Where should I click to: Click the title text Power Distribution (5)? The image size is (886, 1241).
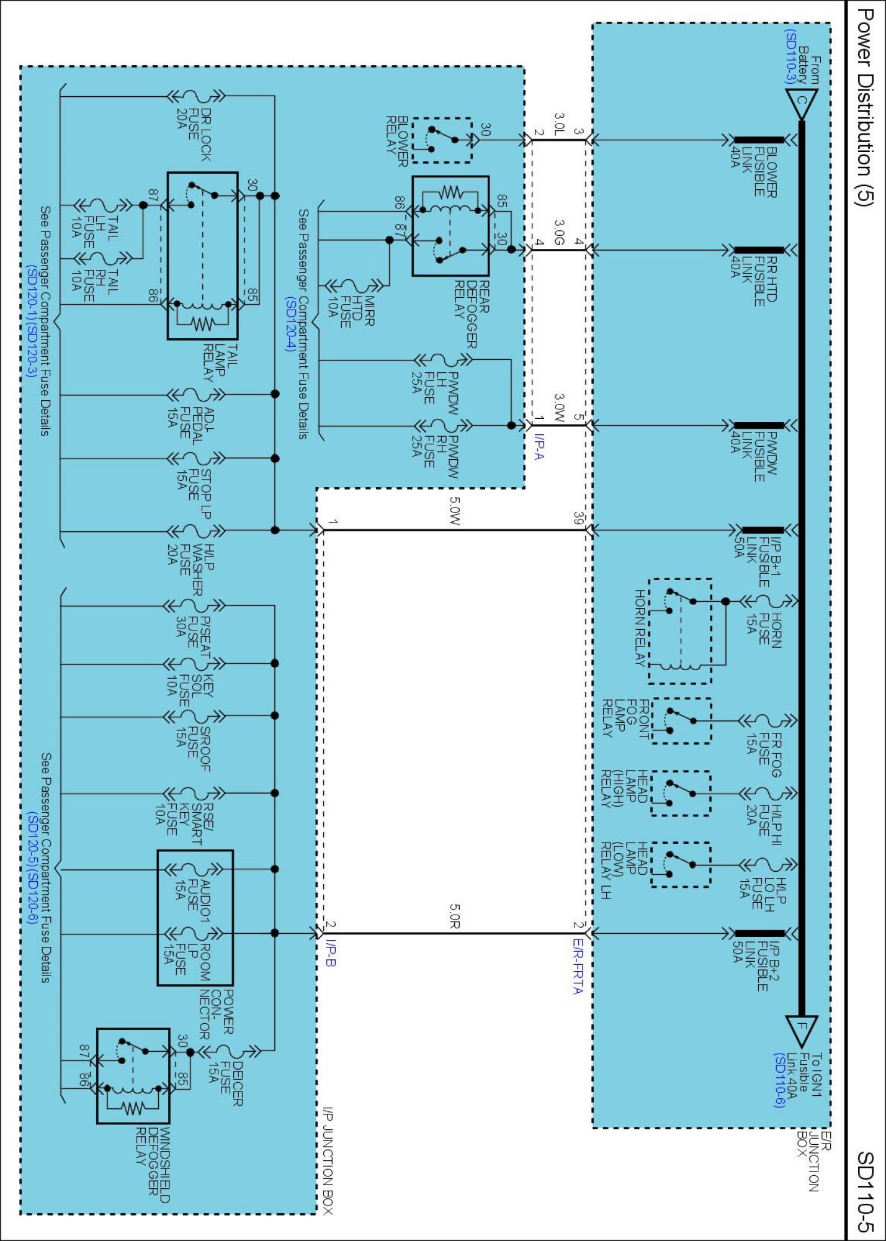click(x=864, y=106)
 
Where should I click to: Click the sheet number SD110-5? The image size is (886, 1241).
click(x=864, y=1191)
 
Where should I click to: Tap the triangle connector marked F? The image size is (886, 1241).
click(x=801, y=1031)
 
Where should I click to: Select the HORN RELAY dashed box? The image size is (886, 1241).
click(x=679, y=631)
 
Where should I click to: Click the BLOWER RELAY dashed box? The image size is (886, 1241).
click(x=442, y=140)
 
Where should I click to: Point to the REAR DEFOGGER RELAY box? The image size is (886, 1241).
click(x=450, y=226)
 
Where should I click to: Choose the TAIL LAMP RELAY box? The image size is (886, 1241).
click(x=202, y=256)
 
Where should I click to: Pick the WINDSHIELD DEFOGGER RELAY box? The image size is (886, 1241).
click(x=133, y=1076)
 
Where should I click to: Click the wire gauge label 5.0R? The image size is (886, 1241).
click(x=454, y=916)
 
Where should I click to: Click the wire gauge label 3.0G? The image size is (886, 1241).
click(x=559, y=233)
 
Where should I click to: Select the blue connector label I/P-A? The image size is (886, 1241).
click(x=538, y=447)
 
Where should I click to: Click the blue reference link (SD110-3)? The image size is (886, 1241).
click(x=789, y=56)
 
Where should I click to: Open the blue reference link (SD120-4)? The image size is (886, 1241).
click(x=290, y=324)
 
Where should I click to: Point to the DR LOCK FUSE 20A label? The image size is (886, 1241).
click(x=194, y=134)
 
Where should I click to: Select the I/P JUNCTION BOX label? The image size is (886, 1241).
click(x=328, y=1160)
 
